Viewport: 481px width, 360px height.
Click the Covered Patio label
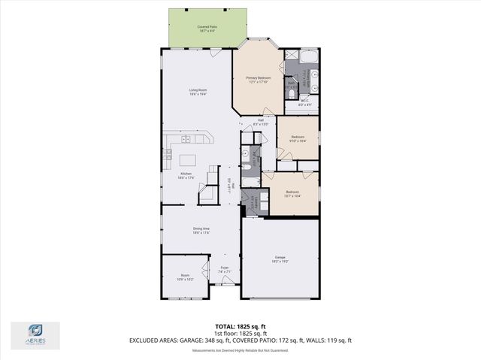pos(207,29)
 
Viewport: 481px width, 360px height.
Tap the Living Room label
pos(198,92)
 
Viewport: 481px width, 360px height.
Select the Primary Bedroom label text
pos(258,79)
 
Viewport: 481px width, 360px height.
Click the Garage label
pos(280,260)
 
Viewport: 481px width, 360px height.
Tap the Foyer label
pos(224,270)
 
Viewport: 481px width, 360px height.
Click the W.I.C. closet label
pos(305,102)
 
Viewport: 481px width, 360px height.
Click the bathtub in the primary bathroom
pos(308,56)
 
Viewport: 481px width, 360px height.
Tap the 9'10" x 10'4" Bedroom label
pos(298,139)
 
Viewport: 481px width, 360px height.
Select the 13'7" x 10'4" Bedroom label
pos(292,193)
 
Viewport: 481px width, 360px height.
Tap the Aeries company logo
pos(35,334)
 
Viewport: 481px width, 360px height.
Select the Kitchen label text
pos(186,175)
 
